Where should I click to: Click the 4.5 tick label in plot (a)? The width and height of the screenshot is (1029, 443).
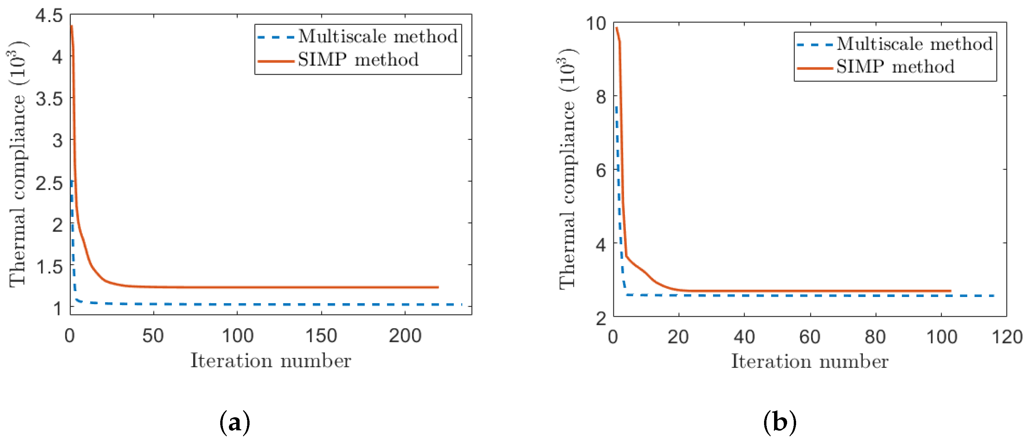click(49, 16)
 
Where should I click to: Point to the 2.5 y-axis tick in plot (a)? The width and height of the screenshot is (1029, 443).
click(49, 184)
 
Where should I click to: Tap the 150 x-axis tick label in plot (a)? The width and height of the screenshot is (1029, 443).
click(321, 336)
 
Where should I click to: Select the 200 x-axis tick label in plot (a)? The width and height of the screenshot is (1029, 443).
click(405, 336)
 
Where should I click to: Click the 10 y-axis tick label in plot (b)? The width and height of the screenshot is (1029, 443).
click(596, 24)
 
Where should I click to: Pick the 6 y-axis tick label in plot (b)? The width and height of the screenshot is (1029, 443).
click(601, 171)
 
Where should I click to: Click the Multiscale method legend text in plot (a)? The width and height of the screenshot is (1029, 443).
click(377, 36)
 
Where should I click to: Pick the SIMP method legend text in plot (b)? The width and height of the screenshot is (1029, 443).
click(895, 67)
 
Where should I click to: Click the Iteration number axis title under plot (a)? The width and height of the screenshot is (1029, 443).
click(271, 361)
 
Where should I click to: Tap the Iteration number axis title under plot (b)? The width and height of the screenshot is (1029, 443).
click(809, 362)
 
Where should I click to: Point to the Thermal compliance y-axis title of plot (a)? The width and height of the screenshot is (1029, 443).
click(18, 164)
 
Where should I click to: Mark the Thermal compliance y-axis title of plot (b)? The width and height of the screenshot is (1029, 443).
click(567, 168)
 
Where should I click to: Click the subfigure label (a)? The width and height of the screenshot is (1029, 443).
click(235, 422)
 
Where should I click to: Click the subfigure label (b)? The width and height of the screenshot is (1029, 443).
click(779, 422)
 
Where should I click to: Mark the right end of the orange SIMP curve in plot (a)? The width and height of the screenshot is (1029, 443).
click(438, 287)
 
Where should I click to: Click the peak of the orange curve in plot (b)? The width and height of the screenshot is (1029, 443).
click(616, 28)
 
